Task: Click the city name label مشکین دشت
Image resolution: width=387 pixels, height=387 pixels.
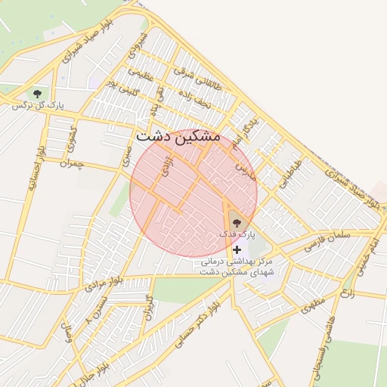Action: pyautogui.click(x=178, y=138)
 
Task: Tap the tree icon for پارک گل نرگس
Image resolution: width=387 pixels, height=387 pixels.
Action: pyautogui.click(x=36, y=93)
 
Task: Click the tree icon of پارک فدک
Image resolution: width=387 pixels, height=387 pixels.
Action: pyautogui.click(x=237, y=222)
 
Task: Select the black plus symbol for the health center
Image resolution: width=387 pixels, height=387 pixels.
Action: pyautogui.click(x=237, y=249)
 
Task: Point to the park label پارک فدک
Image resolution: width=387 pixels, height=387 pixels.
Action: pyautogui.click(x=234, y=234)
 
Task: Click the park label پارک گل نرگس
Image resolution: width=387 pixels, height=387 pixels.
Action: pyautogui.click(x=38, y=106)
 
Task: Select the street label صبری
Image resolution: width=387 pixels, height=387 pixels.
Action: pyautogui.click(x=125, y=156)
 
